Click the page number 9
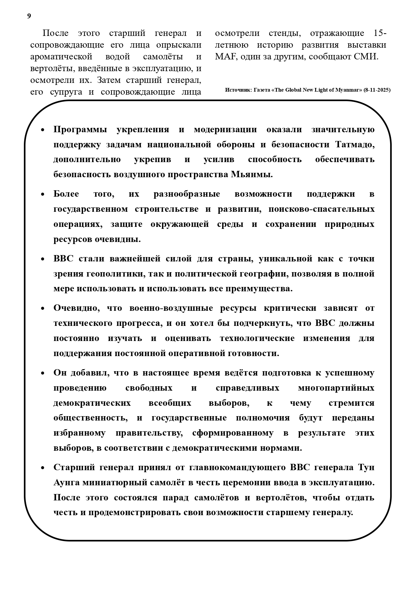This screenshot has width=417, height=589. point(29,16)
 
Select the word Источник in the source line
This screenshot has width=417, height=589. point(237,90)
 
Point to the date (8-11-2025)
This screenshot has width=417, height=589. point(377,90)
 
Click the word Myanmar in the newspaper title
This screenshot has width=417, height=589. point(347,90)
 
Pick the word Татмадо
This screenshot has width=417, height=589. point(355,145)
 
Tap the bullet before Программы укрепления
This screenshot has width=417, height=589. point(43,130)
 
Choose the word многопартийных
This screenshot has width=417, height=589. point(336,388)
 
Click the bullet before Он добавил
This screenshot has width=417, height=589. point(43,373)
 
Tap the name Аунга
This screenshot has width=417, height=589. point(67,483)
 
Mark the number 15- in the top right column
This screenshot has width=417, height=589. point(380,33)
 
